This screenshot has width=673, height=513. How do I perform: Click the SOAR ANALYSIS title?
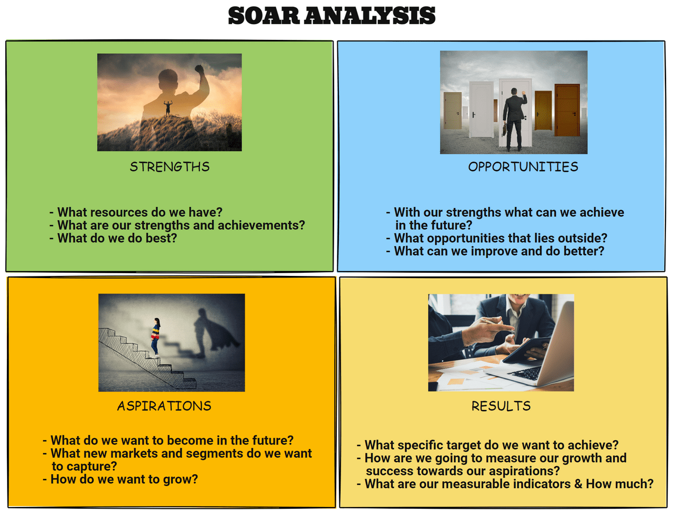coord(331,15)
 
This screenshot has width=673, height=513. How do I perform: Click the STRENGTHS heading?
coord(169,167)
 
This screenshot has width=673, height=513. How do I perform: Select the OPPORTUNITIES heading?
coord(523,167)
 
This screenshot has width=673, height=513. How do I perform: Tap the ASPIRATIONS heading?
coord(164,406)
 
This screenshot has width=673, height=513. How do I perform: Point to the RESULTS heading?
coord(501,406)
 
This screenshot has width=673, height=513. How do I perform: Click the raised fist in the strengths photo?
coord(200,70)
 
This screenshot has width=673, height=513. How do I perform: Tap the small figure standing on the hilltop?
coord(168,107)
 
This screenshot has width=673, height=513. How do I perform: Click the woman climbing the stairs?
coord(156,337)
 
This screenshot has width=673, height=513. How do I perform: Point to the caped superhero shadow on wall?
coord(213,331)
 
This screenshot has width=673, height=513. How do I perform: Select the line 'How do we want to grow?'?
coord(123,479)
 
